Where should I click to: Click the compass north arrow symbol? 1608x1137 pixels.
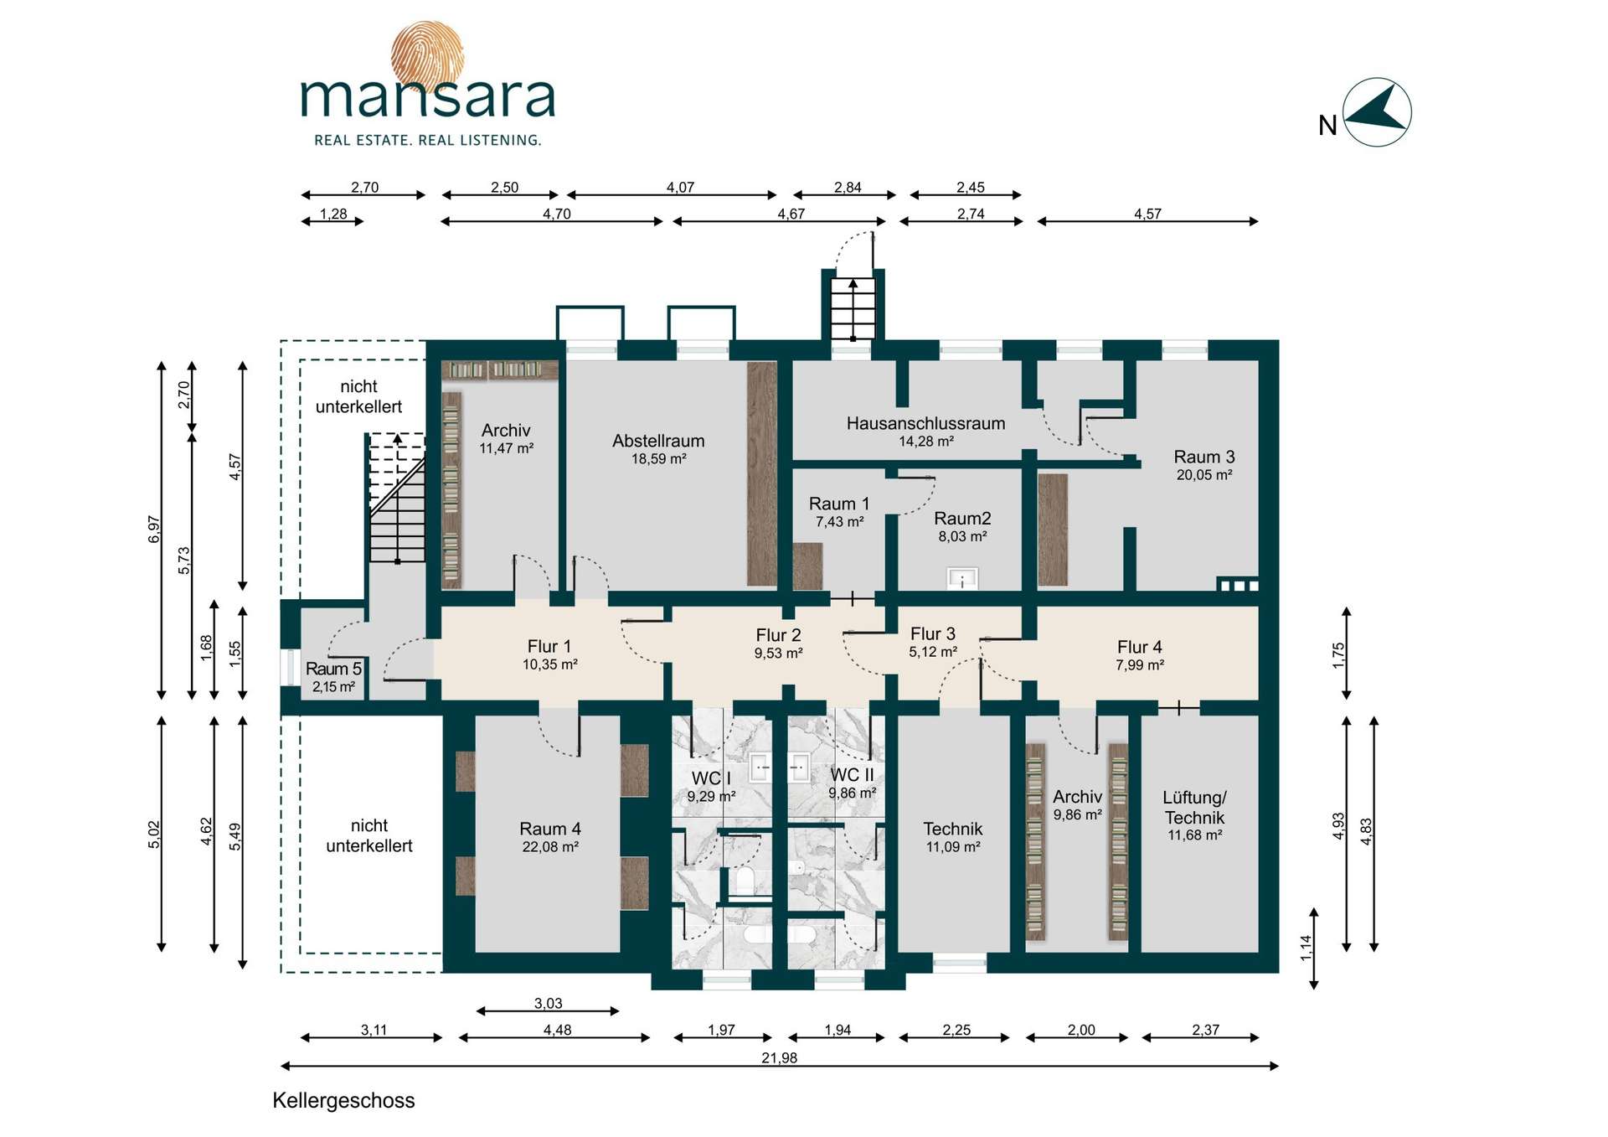1377,112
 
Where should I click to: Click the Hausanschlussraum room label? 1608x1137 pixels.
925,423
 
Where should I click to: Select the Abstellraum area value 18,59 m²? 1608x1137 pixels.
659,459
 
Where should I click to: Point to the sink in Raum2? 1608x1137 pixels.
962,578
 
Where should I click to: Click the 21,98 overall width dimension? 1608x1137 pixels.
779,1057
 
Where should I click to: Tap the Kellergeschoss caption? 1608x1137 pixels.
343,1100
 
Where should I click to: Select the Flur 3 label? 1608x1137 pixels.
933,633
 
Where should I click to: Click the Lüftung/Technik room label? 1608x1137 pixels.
1194,807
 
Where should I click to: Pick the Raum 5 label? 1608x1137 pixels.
333,669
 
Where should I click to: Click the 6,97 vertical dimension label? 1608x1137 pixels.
154,529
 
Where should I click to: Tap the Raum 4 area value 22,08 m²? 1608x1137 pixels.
550,847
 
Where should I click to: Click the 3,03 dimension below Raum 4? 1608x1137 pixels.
548,1003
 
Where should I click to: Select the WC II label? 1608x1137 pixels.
852,775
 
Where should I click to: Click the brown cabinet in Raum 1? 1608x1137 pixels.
807,566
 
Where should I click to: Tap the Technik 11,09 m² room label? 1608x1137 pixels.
953,837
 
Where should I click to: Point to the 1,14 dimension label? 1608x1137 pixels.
1306,948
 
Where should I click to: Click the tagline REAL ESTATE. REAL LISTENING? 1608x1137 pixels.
427,140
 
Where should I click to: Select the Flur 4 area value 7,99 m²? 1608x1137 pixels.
1140,665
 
